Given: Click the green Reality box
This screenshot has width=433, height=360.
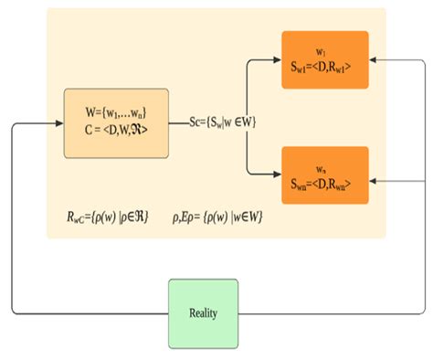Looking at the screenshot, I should point(205,312).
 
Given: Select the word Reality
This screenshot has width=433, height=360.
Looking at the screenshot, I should point(205,313).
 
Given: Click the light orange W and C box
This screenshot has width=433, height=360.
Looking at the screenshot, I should point(116,122).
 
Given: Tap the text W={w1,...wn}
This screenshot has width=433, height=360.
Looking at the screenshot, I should point(116,114).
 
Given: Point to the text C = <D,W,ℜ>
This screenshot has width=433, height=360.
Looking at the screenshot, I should point(116,131).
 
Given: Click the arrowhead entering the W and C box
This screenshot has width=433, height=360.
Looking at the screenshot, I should point(59,122).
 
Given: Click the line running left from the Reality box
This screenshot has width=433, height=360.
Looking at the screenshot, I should point(91,312).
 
